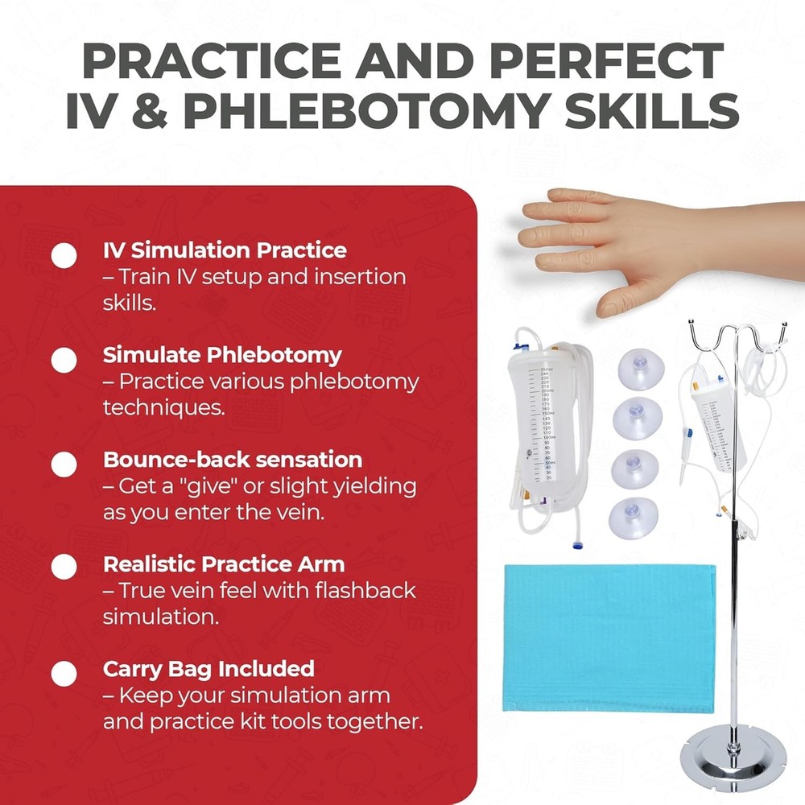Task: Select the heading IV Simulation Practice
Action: [x=225, y=250]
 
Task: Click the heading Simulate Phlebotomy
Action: [x=222, y=355]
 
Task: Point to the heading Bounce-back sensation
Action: [x=232, y=460]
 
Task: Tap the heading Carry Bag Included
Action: [x=208, y=669]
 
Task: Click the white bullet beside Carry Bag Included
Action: [x=64, y=673]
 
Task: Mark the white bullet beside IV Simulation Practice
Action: [x=64, y=255]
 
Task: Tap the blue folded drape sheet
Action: [x=609, y=637]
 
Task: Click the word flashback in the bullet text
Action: [x=374, y=591]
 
